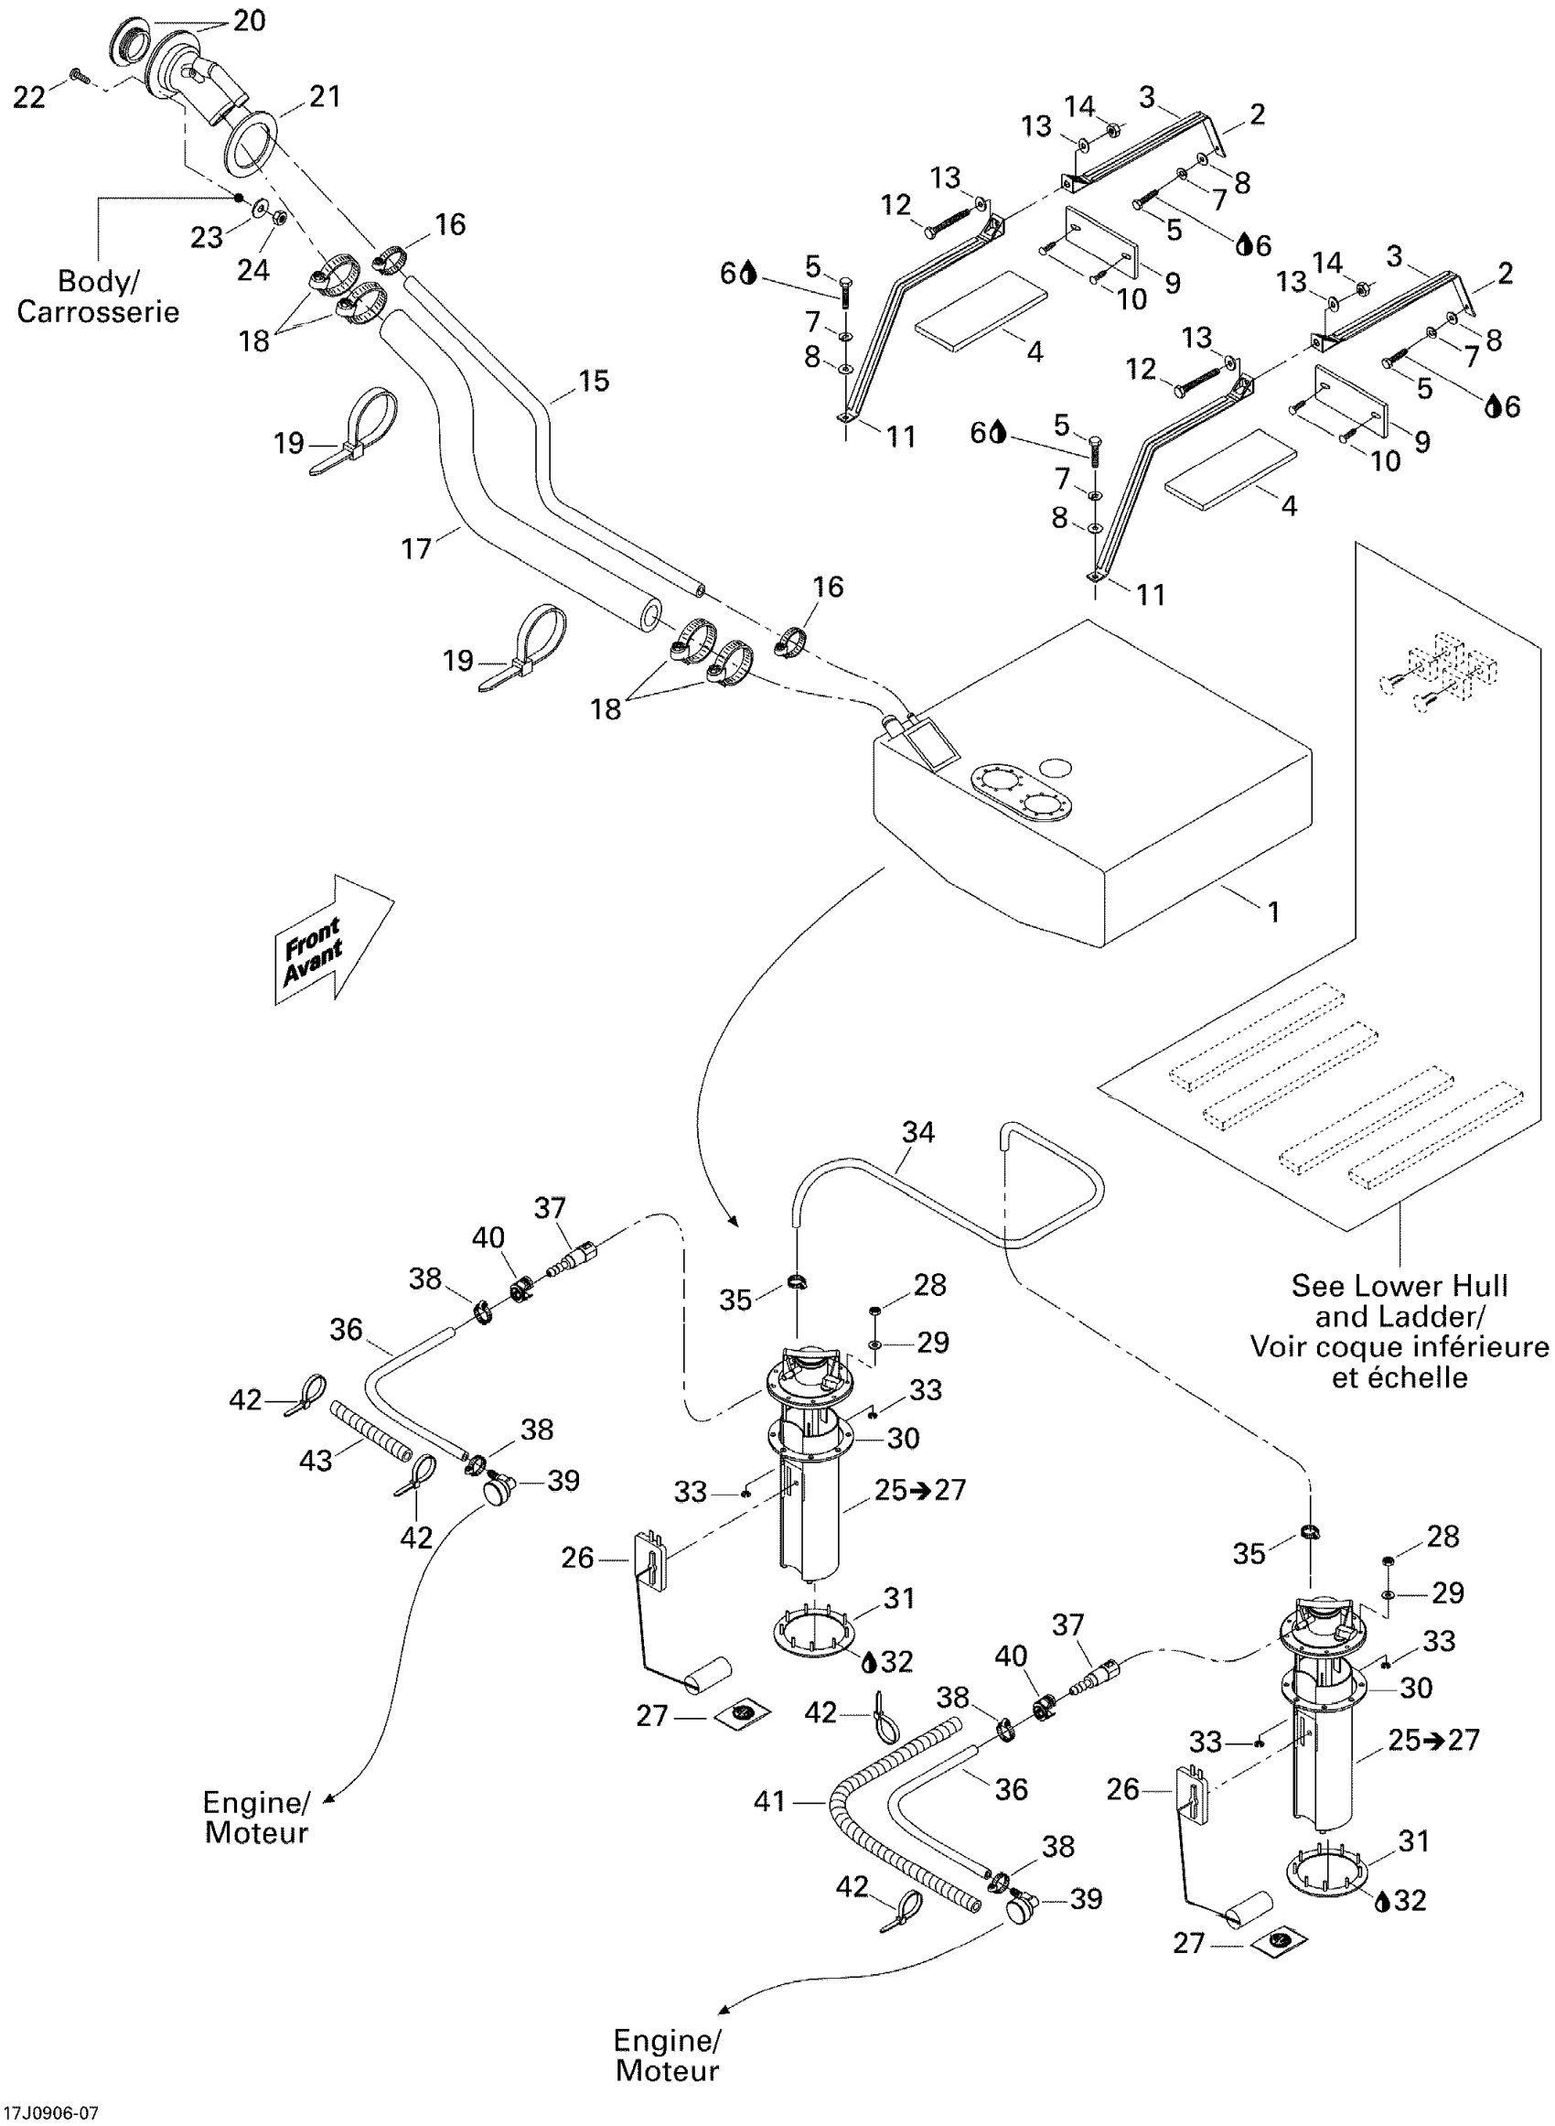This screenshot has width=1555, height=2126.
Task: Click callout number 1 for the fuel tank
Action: [x=1272, y=912]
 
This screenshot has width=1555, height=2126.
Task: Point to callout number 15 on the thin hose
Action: [x=593, y=382]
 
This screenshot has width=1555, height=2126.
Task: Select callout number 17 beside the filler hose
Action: [x=416, y=548]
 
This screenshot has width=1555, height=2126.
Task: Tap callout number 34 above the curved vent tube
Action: [x=917, y=1132]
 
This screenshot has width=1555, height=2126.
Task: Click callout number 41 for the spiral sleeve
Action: [x=770, y=1802]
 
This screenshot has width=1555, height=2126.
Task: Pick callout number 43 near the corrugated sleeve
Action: [x=316, y=1461]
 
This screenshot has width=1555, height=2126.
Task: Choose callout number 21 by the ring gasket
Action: [x=325, y=96]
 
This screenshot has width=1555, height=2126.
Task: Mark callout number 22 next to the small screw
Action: [x=29, y=96]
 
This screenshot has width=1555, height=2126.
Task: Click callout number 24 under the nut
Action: [x=252, y=270]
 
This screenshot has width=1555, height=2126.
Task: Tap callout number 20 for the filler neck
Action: [x=250, y=21]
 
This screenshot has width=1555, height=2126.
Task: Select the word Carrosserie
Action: [x=98, y=312]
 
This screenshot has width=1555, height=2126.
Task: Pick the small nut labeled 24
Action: [x=280, y=219]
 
